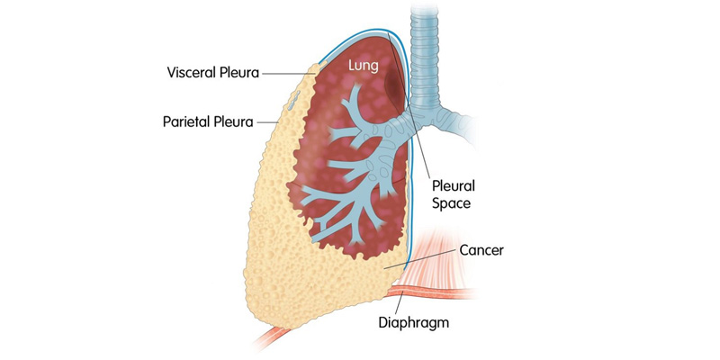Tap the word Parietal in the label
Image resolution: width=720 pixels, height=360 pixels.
187,122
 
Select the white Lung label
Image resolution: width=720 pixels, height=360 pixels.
363,66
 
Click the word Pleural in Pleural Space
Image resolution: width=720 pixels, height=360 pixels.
454,186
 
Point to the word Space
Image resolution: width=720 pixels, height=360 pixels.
452,203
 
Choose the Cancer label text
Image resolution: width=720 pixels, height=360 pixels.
481,250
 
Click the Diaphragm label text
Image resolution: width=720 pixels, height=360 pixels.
413,322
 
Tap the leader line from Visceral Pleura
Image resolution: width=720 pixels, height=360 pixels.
287,73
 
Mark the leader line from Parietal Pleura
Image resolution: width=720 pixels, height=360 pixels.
267,122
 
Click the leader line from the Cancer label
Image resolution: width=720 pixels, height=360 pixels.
420,259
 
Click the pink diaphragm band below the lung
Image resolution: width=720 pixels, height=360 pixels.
432,293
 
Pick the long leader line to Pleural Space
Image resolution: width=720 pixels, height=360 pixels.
409,104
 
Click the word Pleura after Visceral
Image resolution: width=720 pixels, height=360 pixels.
243,73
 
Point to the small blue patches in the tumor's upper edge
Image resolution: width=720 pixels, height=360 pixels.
294,100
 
